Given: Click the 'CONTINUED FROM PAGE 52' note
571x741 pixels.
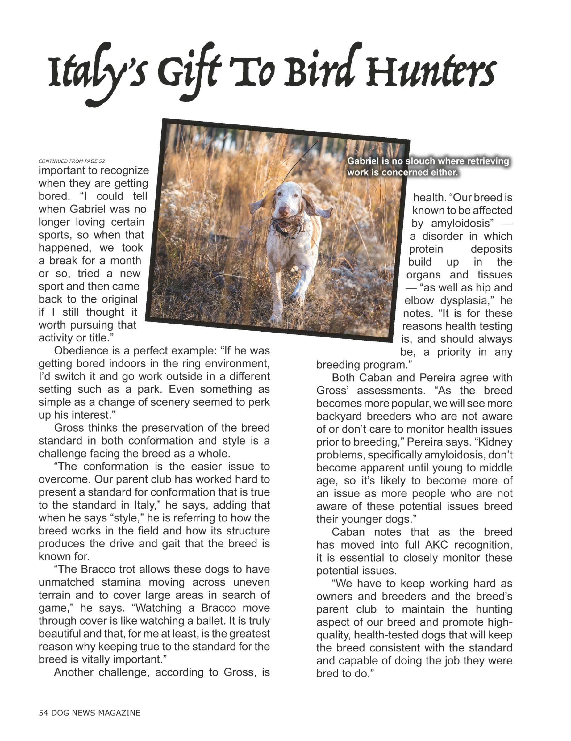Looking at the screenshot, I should coord(72,161).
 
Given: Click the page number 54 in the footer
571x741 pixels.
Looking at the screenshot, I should coord(43,713).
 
